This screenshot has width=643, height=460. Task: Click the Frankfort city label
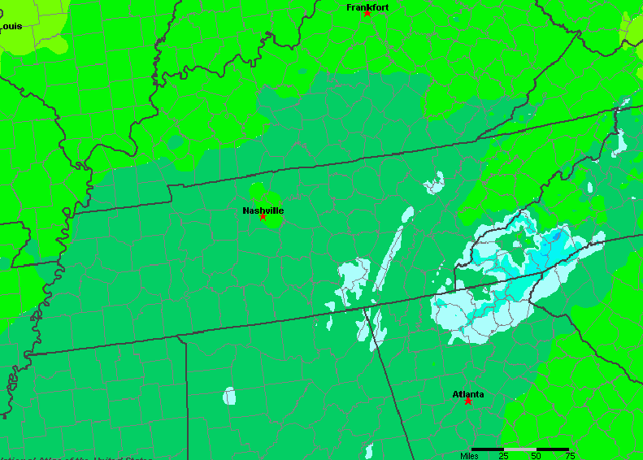click(367, 7)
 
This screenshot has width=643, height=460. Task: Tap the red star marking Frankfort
click(367, 13)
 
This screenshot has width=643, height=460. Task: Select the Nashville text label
click(263, 210)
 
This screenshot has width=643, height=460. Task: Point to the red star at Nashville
click(263, 217)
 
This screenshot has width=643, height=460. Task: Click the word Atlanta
click(468, 394)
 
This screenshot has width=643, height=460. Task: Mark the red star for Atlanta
click(468, 401)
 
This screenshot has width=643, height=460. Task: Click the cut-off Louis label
click(11, 26)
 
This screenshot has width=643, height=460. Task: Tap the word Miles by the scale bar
click(469, 455)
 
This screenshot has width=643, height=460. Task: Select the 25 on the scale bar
click(503, 455)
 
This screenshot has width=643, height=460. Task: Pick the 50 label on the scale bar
click(536, 455)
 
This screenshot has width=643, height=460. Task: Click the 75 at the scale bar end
click(569, 455)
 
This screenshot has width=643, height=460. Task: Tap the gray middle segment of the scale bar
click(520, 449)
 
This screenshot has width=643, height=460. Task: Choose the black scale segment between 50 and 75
click(553, 449)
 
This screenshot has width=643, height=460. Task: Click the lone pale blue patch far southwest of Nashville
click(229, 397)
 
